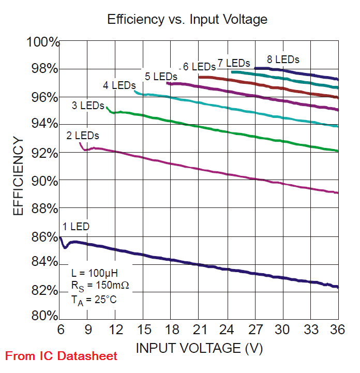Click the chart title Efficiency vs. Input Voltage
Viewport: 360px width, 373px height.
point(187,20)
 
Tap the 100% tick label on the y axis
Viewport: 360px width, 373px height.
point(42,42)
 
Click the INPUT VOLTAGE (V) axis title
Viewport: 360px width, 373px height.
point(199,348)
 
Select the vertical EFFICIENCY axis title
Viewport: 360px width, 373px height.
point(18,176)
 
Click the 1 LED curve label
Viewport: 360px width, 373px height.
point(76,227)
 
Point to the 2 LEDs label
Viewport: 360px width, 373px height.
point(82,136)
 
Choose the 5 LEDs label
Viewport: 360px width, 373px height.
point(161,77)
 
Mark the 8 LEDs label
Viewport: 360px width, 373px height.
point(283,59)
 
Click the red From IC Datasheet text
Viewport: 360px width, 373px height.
point(62,356)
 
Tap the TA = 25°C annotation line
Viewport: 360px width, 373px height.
point(95,300)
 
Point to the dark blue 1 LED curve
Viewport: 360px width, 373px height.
point(207,265)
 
